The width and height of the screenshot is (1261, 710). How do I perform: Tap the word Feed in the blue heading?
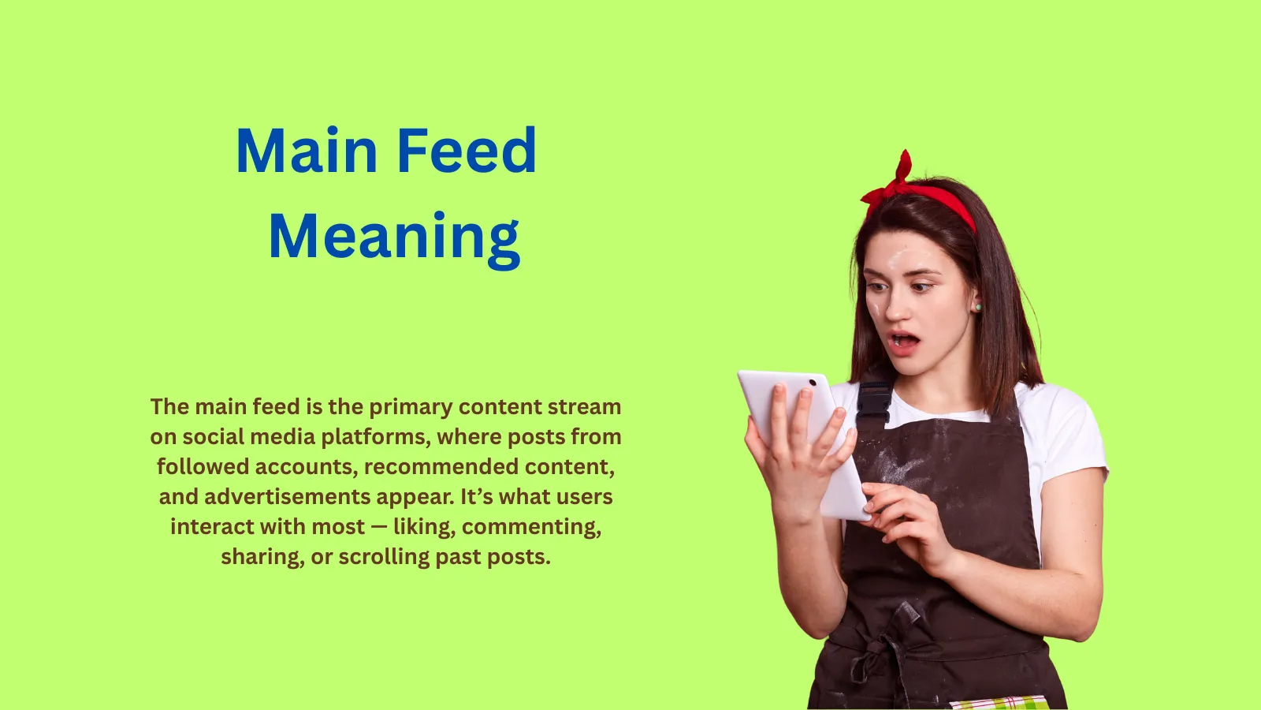coord(467,150)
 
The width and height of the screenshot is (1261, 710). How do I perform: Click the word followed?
coord(203,466)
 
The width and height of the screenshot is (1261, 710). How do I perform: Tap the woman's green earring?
coord(978,307)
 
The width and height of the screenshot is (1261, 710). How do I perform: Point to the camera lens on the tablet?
coord(813,383)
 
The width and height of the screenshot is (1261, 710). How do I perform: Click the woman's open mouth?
coord(904,342)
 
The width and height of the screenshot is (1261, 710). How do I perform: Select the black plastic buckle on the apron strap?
coord(874,402)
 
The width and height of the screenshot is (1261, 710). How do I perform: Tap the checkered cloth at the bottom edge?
coord(999,703)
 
